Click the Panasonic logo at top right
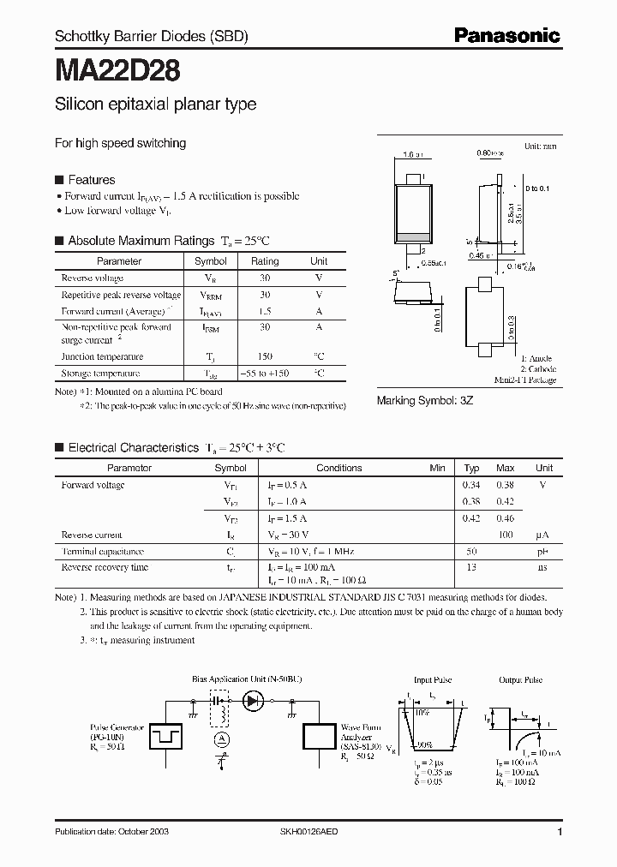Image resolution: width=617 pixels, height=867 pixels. (507, 36)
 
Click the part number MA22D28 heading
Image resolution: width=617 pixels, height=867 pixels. (117, 69)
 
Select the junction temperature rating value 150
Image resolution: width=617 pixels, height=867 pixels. (264, 356)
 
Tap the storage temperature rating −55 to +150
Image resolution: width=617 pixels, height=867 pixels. (264, 374)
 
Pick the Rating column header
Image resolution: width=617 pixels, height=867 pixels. (264, 261)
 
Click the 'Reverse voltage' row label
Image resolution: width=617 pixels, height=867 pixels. (92, 278)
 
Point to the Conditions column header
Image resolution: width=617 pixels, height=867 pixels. (338, 468)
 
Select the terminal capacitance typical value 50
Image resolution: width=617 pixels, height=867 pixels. (470, 553)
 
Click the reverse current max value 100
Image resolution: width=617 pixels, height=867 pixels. (505, 535)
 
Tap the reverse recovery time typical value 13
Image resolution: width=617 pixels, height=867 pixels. (470, 567)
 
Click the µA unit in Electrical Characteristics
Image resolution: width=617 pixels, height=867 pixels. (542, 535)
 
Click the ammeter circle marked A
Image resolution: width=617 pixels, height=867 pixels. (221, 738)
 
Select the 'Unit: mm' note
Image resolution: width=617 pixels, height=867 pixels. (540, 146)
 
